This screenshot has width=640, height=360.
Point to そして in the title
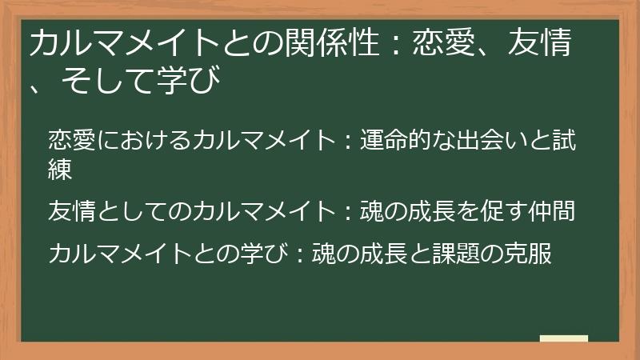pos(105,82)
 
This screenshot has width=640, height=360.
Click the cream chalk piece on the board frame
pos(564,338)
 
